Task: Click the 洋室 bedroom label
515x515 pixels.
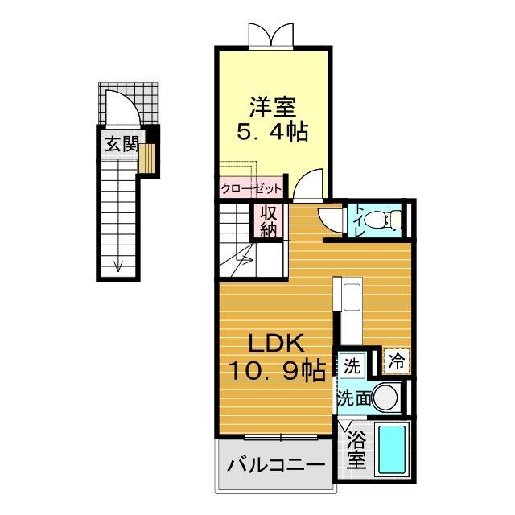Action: [273, 107]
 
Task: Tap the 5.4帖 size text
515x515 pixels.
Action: [273, 132]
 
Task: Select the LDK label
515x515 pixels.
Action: [275, 344]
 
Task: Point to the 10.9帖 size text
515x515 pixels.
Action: [277, 370]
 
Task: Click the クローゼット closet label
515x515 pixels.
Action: [251, 189]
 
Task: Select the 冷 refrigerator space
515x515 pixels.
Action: [397, 361]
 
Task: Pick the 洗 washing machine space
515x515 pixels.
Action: [352, 365]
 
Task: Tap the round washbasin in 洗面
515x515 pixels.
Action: [385, 397]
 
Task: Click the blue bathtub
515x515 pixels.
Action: [391, 449]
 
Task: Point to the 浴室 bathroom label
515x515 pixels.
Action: [356, 449]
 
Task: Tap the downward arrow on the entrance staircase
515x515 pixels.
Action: [118, 266]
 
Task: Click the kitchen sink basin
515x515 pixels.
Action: [352, 297]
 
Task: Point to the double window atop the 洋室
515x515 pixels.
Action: [271, 35]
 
